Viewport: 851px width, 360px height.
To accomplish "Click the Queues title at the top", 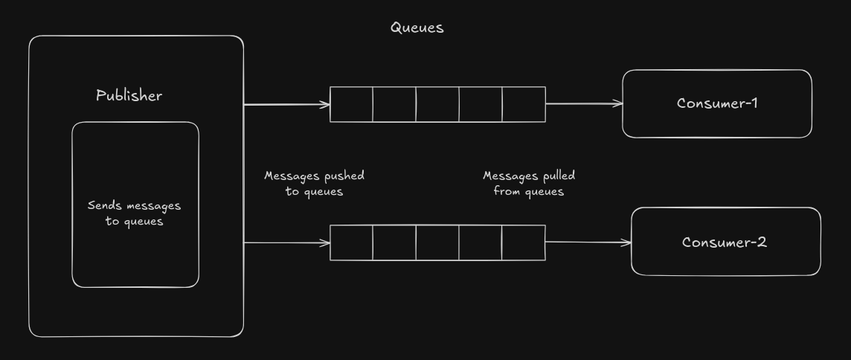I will tap(417, 28).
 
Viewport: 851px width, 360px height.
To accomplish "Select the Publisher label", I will tap(129, 95).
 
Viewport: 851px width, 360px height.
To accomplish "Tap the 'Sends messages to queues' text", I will tap(135, 213).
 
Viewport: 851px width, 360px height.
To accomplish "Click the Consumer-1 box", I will tap(716, 103).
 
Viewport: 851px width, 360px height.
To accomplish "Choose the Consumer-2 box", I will tap(725, 242).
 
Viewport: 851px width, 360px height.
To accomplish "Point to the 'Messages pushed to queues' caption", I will tap(314, 183).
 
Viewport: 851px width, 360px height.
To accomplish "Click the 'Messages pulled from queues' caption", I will tap(529, 183).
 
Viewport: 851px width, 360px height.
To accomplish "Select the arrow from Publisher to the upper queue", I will tap(286, 104).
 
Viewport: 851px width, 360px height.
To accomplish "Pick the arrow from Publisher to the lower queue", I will tap(286, 242).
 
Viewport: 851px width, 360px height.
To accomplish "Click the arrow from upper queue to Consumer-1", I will tap(584, 104).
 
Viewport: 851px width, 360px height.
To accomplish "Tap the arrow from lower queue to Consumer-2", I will tap(588, 242).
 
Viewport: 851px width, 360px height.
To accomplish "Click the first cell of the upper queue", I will tap(351, 104).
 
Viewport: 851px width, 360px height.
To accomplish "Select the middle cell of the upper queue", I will tap(437, 104).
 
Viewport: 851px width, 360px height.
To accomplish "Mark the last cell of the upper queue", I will tap(524, 104).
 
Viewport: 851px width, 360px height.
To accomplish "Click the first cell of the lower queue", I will tap(351, 242).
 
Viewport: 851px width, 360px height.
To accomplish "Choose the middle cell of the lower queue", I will tap(437, 242).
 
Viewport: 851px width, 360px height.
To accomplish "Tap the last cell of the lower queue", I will tap(523, 242).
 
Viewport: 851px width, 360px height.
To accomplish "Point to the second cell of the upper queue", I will tap(394, 104).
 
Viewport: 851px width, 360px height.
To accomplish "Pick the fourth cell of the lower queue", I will tap(480, 242).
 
